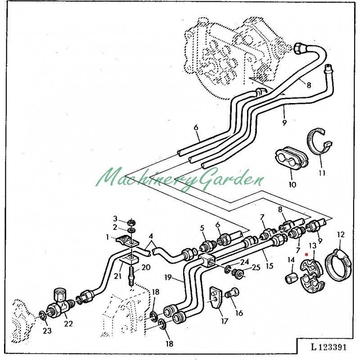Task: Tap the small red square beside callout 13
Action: point(306,255)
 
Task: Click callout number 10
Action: point(292,184)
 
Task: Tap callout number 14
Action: point(291,260)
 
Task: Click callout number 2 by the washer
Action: point(115,227)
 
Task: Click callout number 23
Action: point(47,331)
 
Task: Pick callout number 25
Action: point(256,267)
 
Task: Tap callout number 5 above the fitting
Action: point(202,227)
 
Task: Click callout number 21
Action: point(117,276)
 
